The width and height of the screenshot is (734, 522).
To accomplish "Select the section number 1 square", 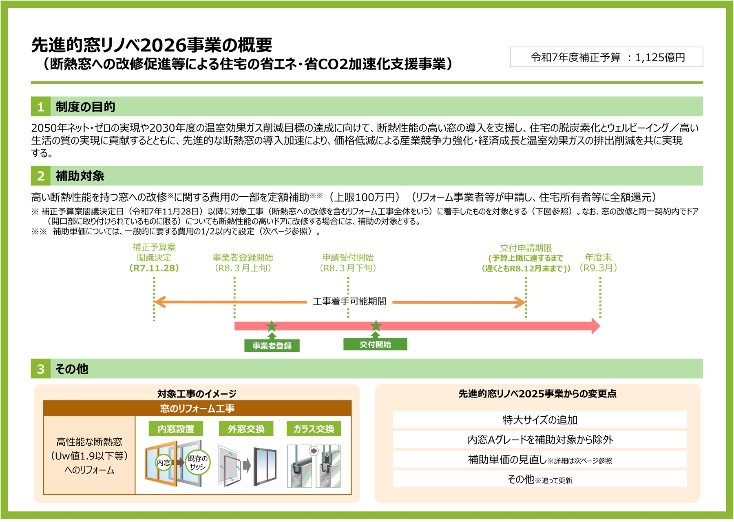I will click(x=40, y=107).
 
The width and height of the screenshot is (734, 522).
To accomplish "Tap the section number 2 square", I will click(x=40, y=176).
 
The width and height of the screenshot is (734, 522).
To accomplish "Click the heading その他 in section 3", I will click(x=72, y=369).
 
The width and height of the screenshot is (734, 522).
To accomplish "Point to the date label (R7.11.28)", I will click(x=154, y=268).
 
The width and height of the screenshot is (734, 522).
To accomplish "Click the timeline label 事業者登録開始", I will click(x=243, y=258).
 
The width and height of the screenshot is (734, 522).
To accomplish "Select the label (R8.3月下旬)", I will click(x=348, y=268).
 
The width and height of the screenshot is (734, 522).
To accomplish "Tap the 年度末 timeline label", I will click(x=598, y=258).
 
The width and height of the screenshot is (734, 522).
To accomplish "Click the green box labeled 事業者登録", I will click(x=272, y=346).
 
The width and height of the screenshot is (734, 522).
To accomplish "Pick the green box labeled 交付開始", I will click(x=375, y=344).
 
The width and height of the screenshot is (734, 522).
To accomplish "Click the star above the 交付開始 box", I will click(x=376, y=326).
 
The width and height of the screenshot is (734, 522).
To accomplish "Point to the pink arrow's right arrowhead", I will click(x=595, y=326).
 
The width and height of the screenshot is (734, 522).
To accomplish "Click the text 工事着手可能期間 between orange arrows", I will click(x=349, y=302).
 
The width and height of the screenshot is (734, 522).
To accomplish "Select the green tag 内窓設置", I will click(x=176, y=429).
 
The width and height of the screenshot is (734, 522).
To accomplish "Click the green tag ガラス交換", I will click(x=314, y=429).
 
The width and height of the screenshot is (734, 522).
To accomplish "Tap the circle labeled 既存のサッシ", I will click(x=198, y=463).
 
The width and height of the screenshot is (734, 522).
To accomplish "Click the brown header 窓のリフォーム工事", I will click(x=197, y=408).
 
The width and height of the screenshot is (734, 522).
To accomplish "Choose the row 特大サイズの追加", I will click(x=539, y=420).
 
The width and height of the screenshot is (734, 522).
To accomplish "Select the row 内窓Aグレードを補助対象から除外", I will click(x=539, y=440).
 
